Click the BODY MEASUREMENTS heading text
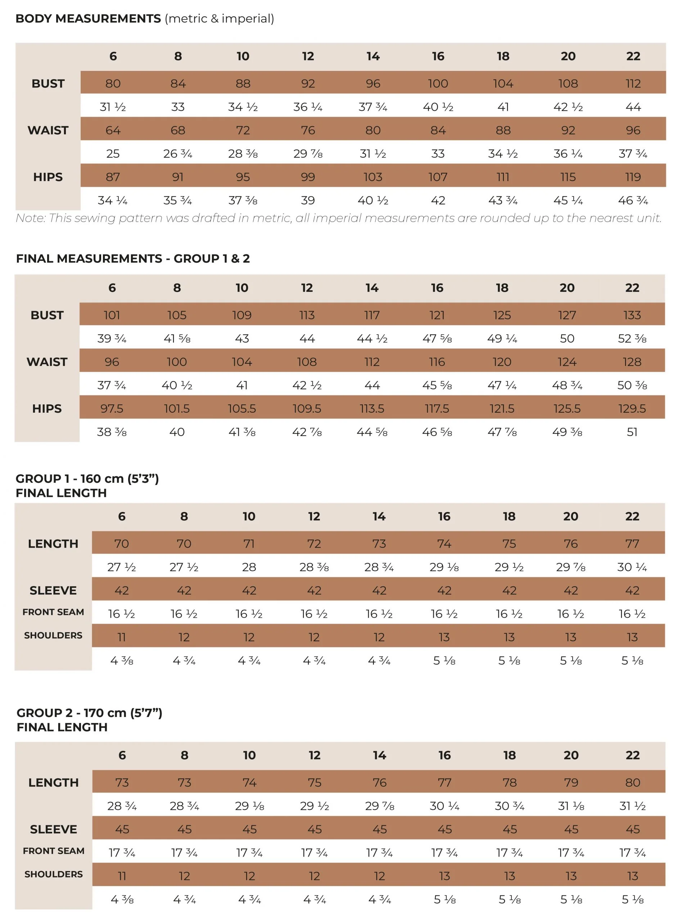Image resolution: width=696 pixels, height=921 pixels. click(x=88, y=19)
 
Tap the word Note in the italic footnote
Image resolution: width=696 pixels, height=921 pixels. click(x=30, y=218)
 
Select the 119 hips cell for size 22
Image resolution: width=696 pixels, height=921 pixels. click(x=633, y=177)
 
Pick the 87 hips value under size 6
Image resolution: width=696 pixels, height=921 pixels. click(x=113, y=177)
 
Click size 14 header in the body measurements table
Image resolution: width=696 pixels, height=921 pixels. click(x=373, y=56)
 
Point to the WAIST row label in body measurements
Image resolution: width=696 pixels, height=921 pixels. click(x=48, y=130)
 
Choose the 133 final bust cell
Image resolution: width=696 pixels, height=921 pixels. click(x=632, y=315)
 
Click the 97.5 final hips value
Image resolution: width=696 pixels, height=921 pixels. click(x=112, y=408)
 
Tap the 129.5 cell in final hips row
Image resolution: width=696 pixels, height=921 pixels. click(x=632, y=408)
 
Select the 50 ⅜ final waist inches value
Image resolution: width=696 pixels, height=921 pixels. click(x=632, y=385)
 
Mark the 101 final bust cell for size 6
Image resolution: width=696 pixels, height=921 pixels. click(x=112, y=315)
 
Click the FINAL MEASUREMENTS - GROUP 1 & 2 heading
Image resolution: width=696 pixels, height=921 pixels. click(x=132, y=259)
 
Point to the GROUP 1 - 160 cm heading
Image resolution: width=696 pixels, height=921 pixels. click(x=87, y=479)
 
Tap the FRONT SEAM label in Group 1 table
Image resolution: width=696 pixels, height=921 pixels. click(x=53, y=612)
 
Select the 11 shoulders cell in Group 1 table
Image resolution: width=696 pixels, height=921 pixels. click(x=121, y=637)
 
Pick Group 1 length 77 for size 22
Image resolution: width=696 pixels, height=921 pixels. click(x=632, y=544)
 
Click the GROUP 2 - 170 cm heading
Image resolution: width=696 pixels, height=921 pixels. click(x=89, y=713)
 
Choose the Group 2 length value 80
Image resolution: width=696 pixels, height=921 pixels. click(x=632, y=783)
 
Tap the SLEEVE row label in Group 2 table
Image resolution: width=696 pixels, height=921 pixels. click(x=53, y=829)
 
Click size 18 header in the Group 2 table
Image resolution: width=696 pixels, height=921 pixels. click(x=509, y=755)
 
